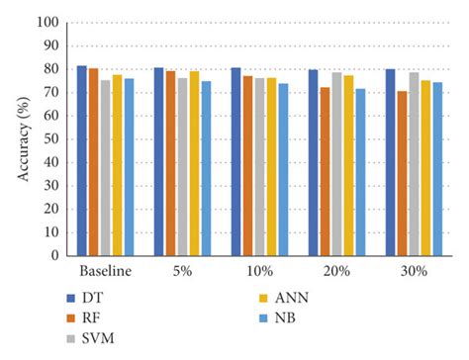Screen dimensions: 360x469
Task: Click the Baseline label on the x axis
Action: click(105, 270)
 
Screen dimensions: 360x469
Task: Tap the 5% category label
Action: click(182, 270)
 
